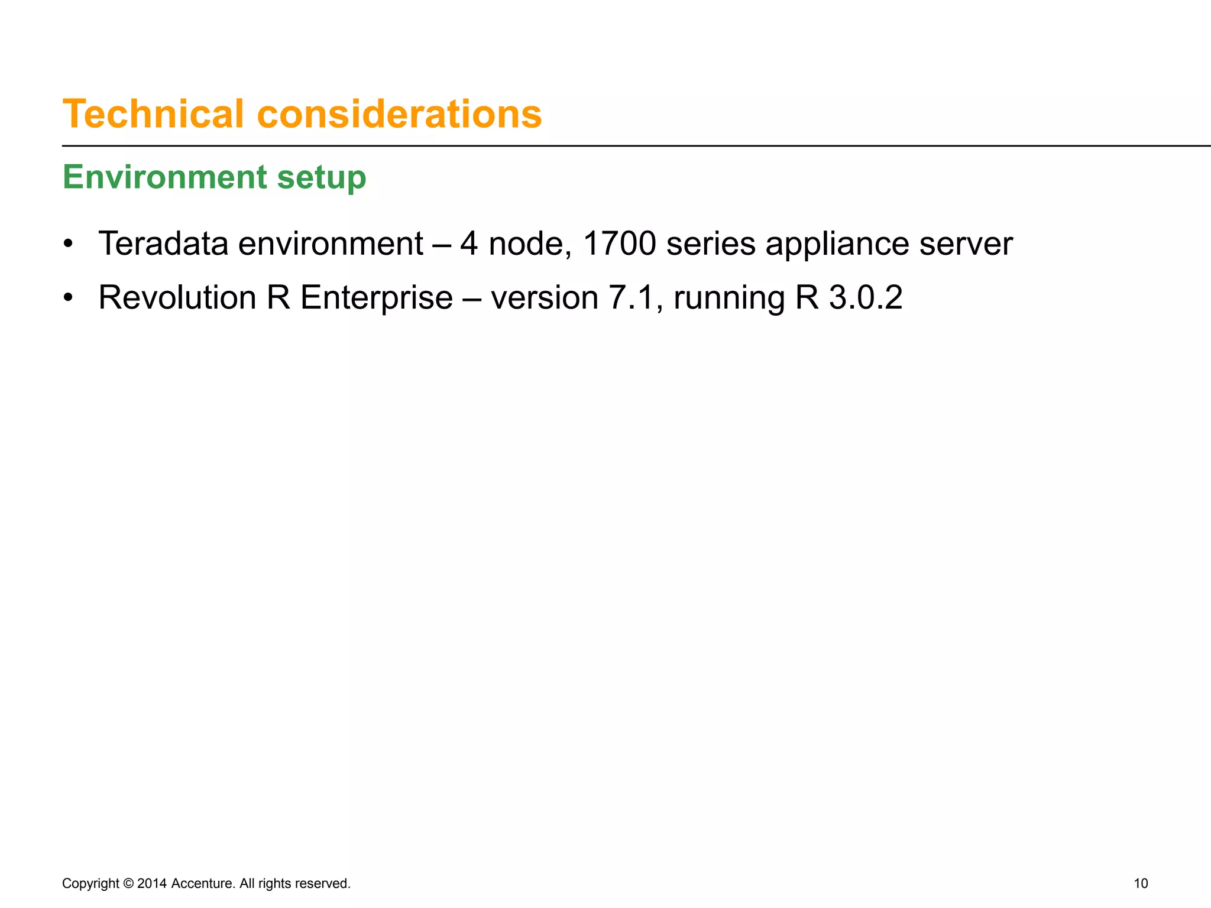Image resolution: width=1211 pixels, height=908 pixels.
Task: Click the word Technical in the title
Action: tap(153, 113)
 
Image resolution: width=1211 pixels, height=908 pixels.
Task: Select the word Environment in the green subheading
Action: tap(165, 177)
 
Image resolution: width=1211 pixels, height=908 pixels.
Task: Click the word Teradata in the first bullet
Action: tap(163, 244)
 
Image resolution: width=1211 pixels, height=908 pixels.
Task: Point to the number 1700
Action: tap(619, 244)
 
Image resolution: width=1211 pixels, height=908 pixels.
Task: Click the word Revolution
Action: tap(177, 297)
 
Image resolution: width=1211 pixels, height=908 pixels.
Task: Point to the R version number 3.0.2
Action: tap(866, 297)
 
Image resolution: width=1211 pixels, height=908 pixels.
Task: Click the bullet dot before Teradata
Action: tap(69, 244)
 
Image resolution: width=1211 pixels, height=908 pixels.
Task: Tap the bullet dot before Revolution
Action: tap(69, 298)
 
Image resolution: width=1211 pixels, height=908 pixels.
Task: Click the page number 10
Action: tap(1141, 883)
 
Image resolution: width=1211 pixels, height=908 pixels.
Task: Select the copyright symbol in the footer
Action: tap(128, 883)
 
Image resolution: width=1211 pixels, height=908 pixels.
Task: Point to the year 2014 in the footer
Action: tap(151, 883)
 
